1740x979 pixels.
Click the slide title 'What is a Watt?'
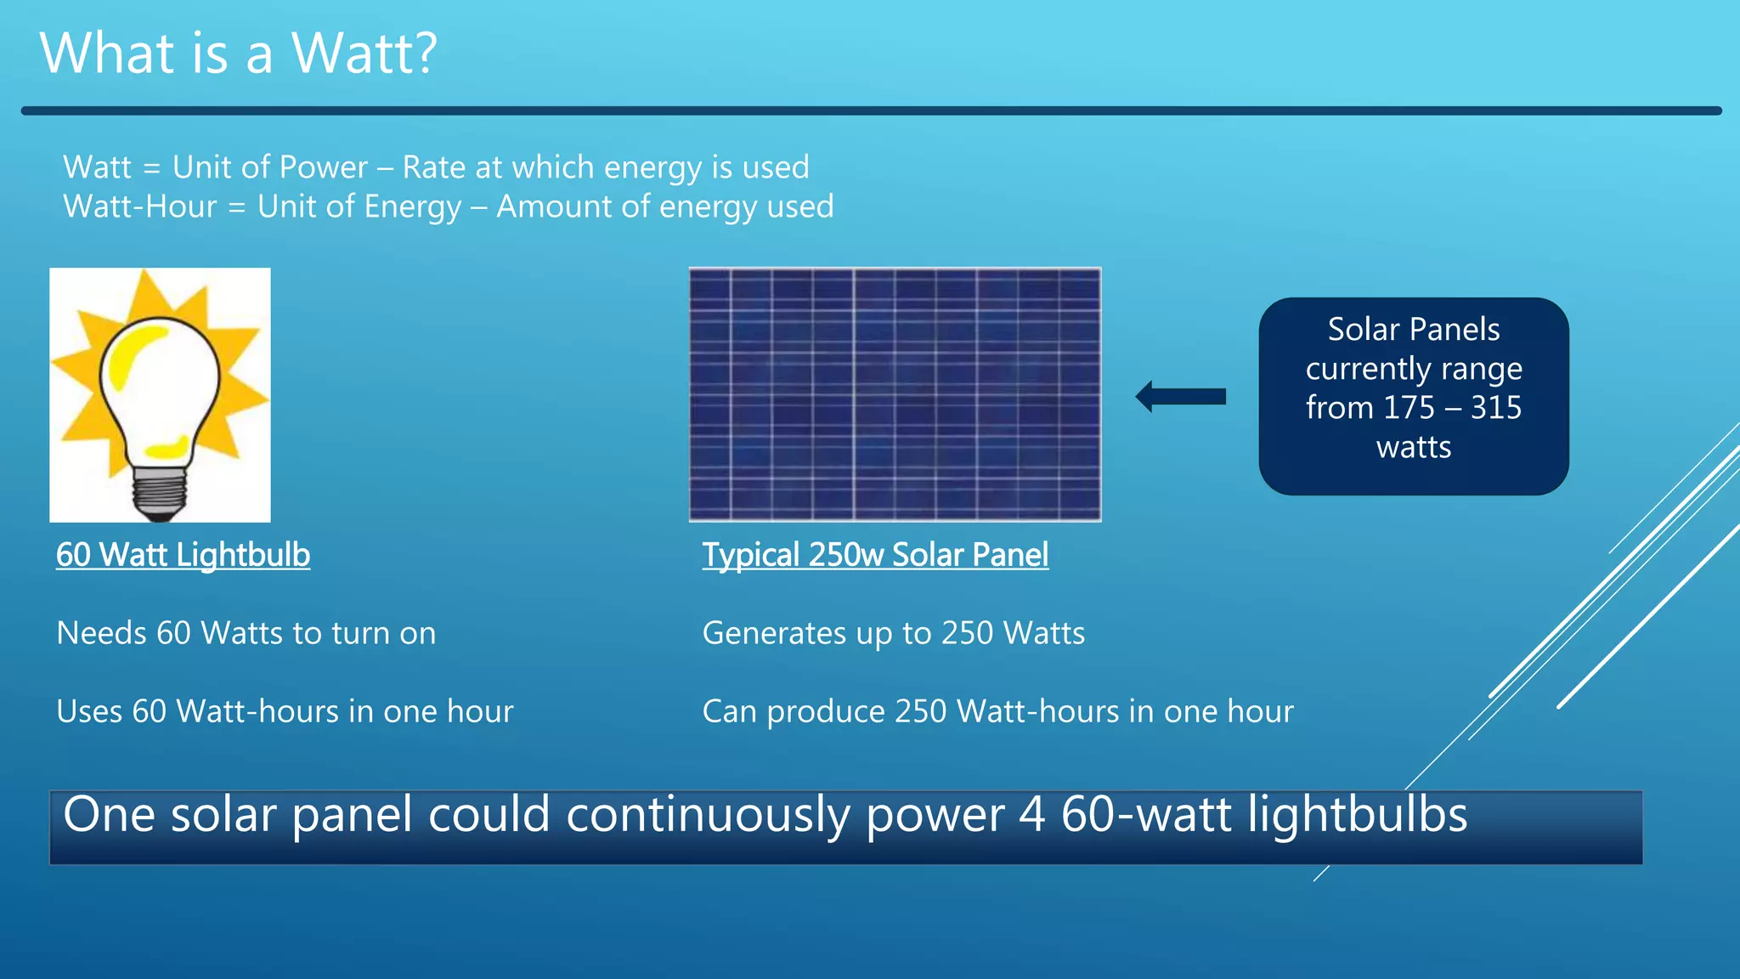coord(238,53)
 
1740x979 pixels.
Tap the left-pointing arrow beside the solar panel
coord(1180,396)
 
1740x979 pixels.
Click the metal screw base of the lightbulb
coord(160,492)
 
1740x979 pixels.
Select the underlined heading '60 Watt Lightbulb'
coord(183,555)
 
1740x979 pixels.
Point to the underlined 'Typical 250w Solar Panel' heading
coord(875,555)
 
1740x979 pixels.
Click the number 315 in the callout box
coord(1496,408)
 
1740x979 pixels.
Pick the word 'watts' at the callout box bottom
coord(1414,447)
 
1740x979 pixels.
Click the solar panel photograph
coord(895,394)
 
